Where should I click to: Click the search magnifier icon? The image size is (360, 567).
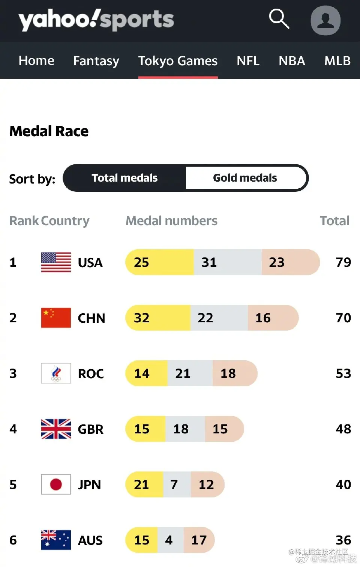(x=279, y=19)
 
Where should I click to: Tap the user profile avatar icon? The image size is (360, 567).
(x=325, y=20)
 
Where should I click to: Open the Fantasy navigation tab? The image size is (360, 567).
(x=96, y=61)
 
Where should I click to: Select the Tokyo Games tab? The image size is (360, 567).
(x=178, y=61)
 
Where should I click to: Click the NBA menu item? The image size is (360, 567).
(x=292, y=61)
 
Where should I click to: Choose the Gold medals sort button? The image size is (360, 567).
(x=245, y=178)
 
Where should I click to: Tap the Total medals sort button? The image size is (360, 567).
(x=124, y=178)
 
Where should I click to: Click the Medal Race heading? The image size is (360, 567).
(x=49, y=131)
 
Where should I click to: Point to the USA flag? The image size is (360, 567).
(x=56, y=262)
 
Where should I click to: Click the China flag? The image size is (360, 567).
(x=56, y=318)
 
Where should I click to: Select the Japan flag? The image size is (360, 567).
(x=56, y=484)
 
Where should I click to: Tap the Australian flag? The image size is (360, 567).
(x=56, y=540)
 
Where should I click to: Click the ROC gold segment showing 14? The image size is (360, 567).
(x=147, y=373)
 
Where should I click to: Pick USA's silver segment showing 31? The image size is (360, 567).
(x=227, y=262)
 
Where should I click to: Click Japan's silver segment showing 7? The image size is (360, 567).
(x=177, y=484)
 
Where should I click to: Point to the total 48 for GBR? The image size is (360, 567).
(x=343, y=429)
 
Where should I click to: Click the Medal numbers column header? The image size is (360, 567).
(x=171, y=221)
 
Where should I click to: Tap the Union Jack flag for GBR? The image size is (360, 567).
(x=56, y=429)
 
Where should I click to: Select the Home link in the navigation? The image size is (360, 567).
(x=36, y=61)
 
